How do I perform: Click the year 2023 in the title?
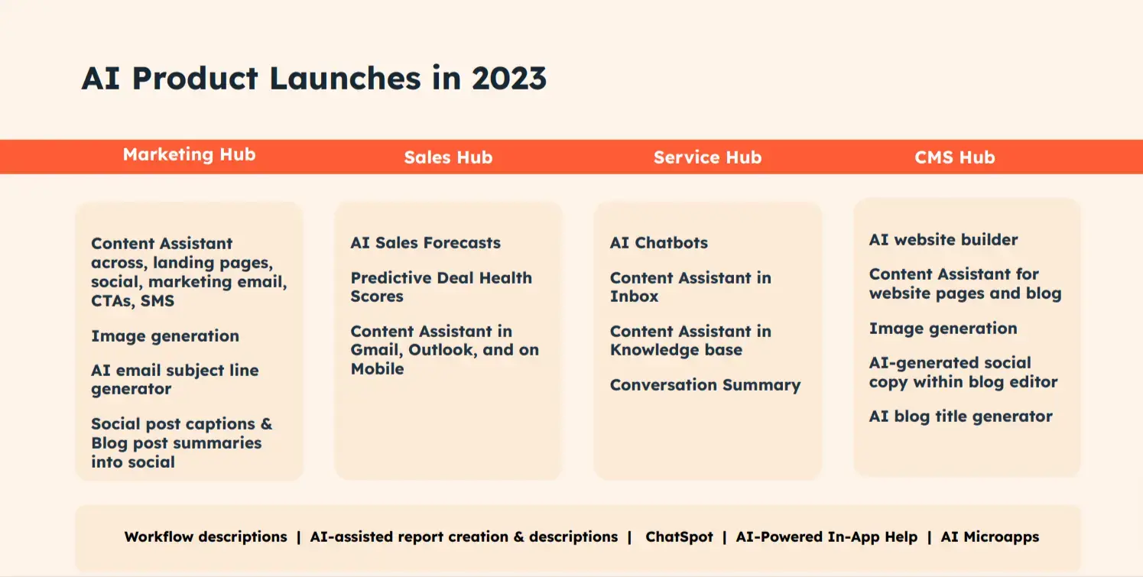tap(508, 79)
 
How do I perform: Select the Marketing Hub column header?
tap(189, 154)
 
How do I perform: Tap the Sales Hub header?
tap(448, 157)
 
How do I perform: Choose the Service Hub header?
tap(707, 157)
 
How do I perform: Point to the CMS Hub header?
tap(954, 157)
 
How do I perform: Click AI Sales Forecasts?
tap(425, 243)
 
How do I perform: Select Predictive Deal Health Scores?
tap(440, 287)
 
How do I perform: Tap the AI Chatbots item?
tap(658, 243)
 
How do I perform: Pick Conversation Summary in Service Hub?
tap(705, 385)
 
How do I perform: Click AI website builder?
tap(943, 240)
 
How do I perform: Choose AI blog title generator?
tap(960, 417)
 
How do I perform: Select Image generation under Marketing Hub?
tap(164, 336)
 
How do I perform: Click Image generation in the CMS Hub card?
tap(943, 329)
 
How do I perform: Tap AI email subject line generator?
tap(174, 380)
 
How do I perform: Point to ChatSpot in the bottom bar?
tap(679, 536)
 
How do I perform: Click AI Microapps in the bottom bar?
tap(989, 536)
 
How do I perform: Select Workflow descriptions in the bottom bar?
tap(206, 536)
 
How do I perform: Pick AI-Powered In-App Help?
tap(826, 536)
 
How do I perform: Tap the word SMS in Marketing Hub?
tap(157, 301)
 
